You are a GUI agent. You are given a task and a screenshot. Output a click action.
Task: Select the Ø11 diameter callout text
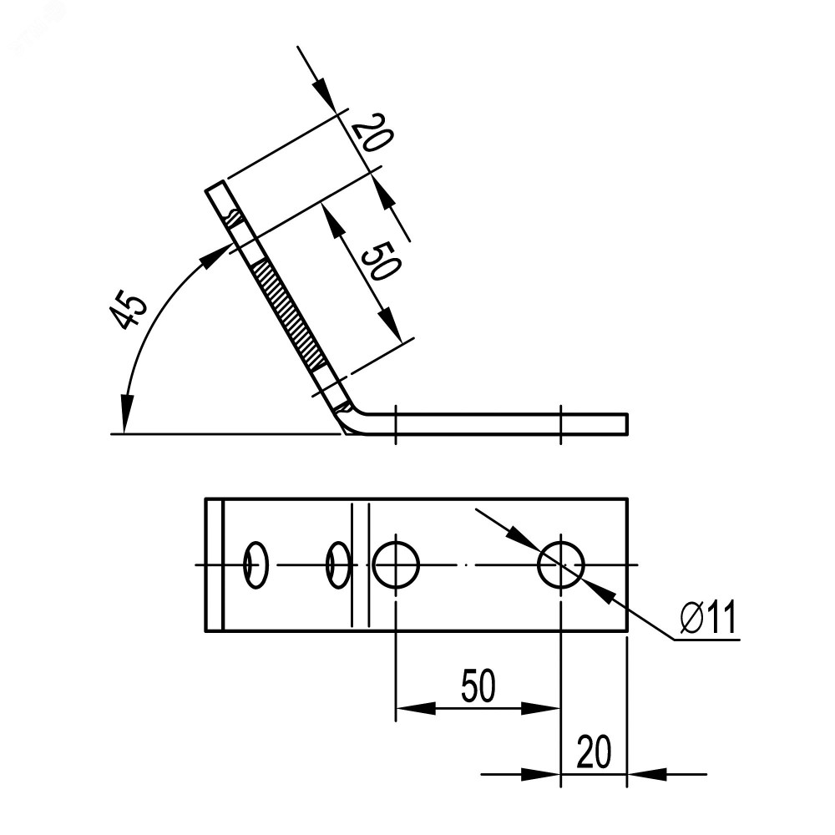tap(708, 617)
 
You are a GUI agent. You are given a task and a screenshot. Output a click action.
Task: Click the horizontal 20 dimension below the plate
tap(594, 752)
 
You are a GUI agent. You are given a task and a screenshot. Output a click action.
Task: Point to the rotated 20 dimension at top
tap(372, 133)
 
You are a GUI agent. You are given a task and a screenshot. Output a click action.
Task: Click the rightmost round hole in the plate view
tap(561, 564)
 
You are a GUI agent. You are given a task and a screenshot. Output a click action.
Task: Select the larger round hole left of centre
tap(396, 564)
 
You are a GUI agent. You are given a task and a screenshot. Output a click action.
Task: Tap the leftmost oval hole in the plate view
tap(256, 565)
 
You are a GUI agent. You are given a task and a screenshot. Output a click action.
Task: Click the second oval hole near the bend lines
tap(338, 565)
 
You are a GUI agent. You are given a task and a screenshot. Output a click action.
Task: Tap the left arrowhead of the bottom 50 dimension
tap(416, 708)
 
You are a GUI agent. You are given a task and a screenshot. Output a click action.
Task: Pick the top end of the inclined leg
tap(215, 186)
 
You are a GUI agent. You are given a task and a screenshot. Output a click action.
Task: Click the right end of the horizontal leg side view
tap(627, 423)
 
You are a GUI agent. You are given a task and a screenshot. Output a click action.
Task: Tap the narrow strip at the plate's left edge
tap(214, 565)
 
